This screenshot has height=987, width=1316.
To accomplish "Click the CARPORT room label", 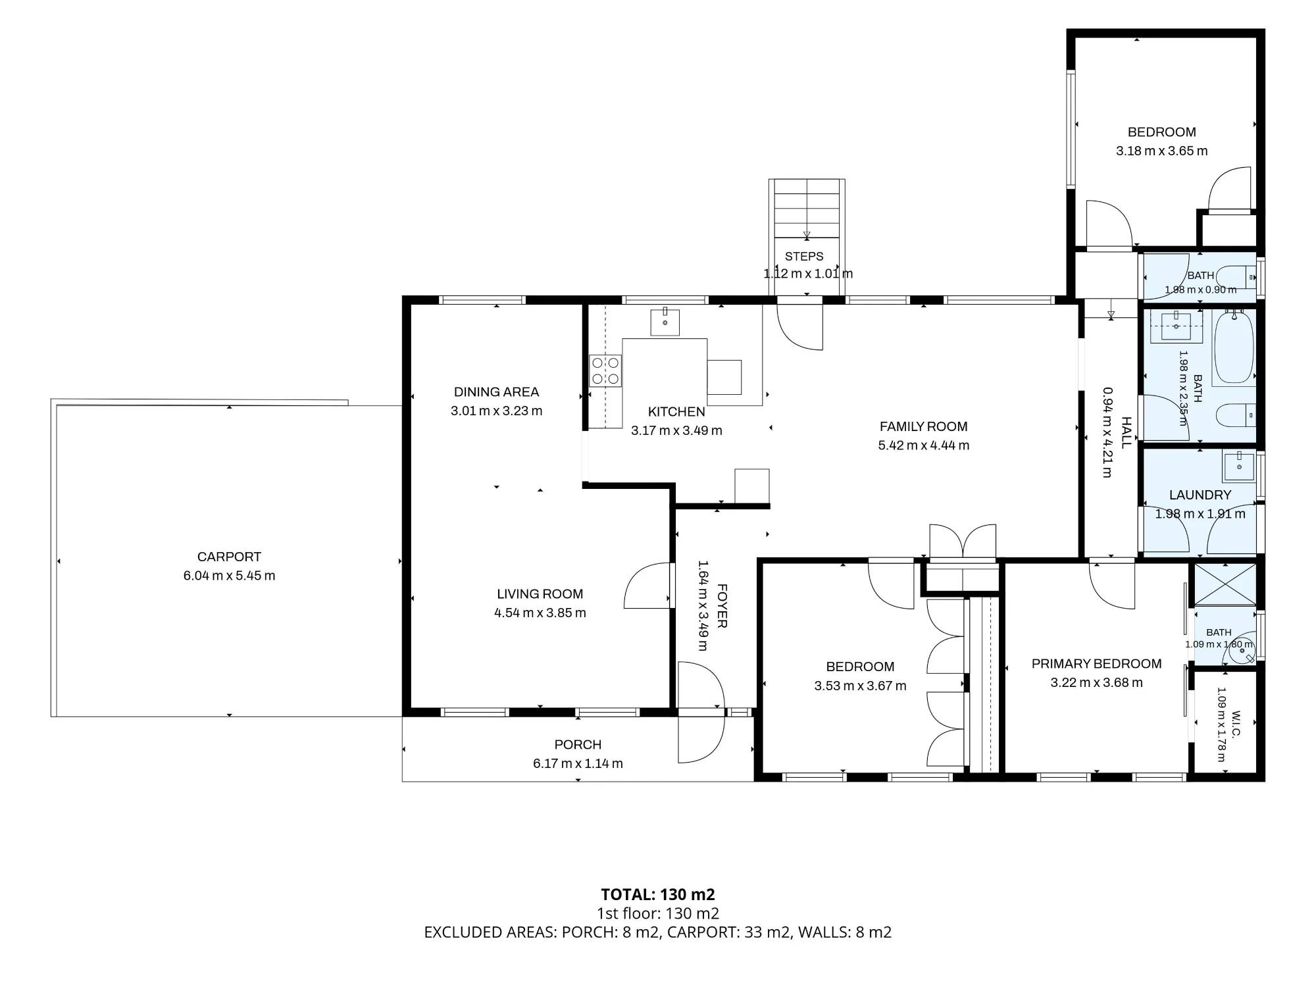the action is click(229, 557).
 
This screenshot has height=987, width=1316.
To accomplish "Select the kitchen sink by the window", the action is click(665, 322).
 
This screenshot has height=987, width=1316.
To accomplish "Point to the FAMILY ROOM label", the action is click(923, 426).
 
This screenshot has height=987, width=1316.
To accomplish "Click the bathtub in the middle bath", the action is click(1233, 347).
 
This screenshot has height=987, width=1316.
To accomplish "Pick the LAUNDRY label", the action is click(1200, 495).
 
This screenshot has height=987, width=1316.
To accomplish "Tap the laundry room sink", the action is click(1239, 467).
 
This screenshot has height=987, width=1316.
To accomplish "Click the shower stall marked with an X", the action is click(1225, 584).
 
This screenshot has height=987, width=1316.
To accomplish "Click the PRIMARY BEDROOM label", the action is click(1096, 664).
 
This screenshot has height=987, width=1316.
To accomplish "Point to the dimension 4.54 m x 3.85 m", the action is click(540, 613).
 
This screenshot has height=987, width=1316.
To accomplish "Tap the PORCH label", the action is click(578, 745).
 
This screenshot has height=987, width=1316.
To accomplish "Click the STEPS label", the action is click(804, 257).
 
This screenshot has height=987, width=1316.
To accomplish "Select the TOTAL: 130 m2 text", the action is click(658, 894).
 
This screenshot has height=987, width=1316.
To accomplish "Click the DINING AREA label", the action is click(496, 392).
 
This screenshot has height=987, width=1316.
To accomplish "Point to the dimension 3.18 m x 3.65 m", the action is click(1162, 151).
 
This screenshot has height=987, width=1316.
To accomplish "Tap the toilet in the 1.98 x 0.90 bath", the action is click(1236, 274).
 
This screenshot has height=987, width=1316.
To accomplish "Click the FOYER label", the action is click(722, 606).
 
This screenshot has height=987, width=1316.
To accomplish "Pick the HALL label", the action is click(1126, 432).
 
